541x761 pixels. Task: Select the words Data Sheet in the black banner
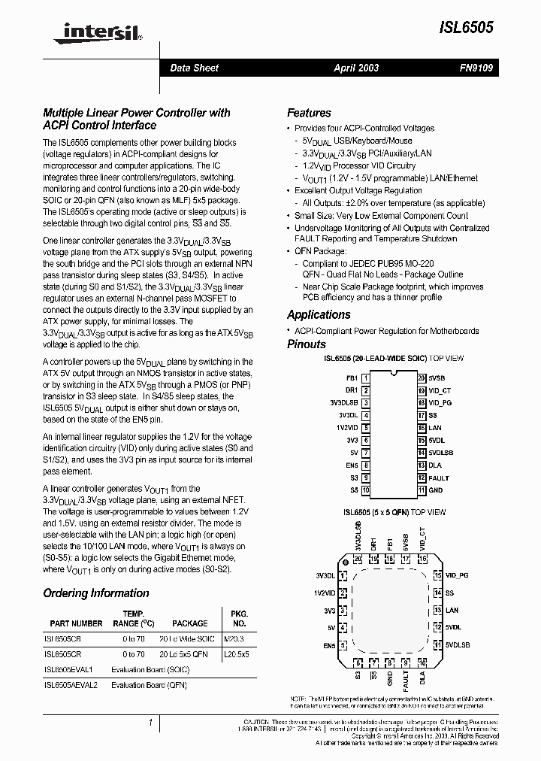pos(194,68)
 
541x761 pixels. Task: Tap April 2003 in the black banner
pos(356,68)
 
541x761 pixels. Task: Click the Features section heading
pos(309,113)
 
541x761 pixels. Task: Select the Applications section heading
pos(319,315)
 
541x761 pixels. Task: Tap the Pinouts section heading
pos(307,344)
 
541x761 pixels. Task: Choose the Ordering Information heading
pos(95,593)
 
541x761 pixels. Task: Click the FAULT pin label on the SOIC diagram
pos(439,478)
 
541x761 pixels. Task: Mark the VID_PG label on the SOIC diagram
pos(440,402)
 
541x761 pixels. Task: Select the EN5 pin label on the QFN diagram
pos(329,645)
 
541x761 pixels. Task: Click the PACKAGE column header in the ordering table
pos(190,623)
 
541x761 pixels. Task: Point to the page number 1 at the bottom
pos(151,723)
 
